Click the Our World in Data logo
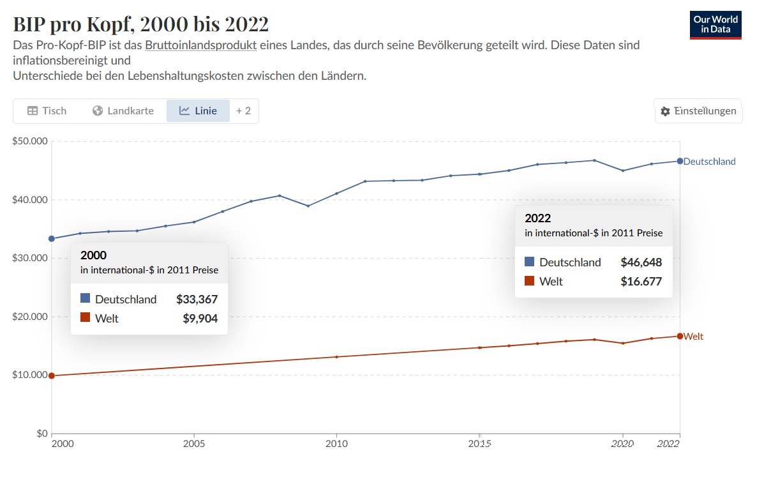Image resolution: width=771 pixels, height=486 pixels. (x=715, y=25)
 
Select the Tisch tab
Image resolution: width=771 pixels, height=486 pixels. (x=47, y=110)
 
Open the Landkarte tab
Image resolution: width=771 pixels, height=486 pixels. (x=123, y=110)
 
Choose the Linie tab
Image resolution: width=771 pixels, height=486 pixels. (x=198, y=110)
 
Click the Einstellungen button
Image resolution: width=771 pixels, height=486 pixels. (x=698, y=111)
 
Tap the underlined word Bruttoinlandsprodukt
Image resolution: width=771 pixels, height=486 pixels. (x=201, y=45)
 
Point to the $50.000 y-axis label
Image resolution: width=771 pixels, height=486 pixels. (x=29, y=141)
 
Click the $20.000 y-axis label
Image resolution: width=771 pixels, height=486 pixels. (x=29, y=317)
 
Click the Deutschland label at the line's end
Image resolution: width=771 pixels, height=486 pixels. (x=709, y=162)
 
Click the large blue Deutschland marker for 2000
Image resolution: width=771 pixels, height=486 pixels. (x=52, y=239)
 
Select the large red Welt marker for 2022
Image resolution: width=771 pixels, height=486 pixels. (x=680, y=336)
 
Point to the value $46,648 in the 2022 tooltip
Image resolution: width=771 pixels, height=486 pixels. (x=641, y=262)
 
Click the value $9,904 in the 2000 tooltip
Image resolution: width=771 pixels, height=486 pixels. (x=200, y=318)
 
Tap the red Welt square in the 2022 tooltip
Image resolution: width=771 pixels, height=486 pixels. (x=529, y=281)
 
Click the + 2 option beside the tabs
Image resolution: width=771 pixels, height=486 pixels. (x=243, y=110)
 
